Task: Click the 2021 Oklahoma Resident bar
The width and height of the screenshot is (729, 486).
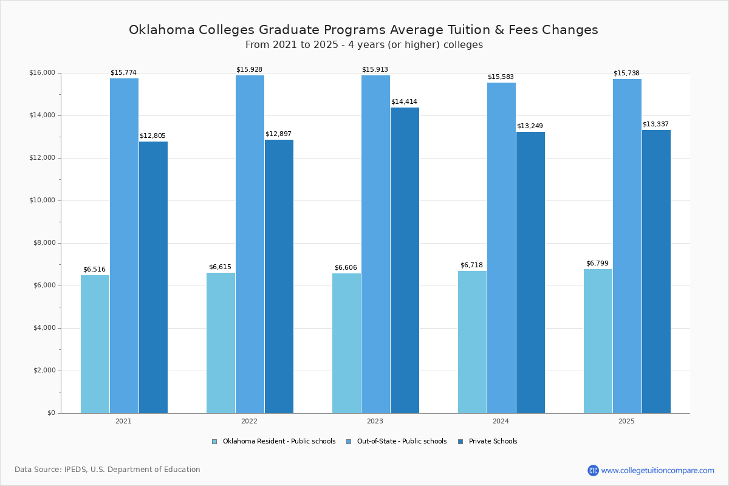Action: pos(95,344)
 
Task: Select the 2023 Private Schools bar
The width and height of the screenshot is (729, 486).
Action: pos(405,260)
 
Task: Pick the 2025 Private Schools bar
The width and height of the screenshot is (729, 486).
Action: pos(656,272)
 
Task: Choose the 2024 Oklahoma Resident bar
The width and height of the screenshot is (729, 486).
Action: pos(472,342)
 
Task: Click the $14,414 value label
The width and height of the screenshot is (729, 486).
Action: pos(404,102)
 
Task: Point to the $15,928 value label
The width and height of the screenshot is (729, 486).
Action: pos(249,70)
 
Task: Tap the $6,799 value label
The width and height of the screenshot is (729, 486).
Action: pos(597,264)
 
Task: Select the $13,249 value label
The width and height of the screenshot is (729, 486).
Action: pos(530,126)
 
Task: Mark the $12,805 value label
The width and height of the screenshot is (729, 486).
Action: pos(152,136)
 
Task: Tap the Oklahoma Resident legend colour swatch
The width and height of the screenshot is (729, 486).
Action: pos(214,442)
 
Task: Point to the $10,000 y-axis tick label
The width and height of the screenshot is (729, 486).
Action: pos(42,200)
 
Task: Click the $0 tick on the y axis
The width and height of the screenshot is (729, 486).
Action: pos(51,413)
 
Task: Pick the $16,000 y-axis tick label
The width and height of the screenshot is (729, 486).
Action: pos(42,73)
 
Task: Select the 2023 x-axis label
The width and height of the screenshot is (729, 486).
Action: pos(375,421)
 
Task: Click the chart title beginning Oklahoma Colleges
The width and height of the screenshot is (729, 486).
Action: pos(363,30)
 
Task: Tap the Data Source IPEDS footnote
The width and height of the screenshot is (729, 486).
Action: pos(108,470)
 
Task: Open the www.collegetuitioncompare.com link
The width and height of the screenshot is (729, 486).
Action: pos(657,470)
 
